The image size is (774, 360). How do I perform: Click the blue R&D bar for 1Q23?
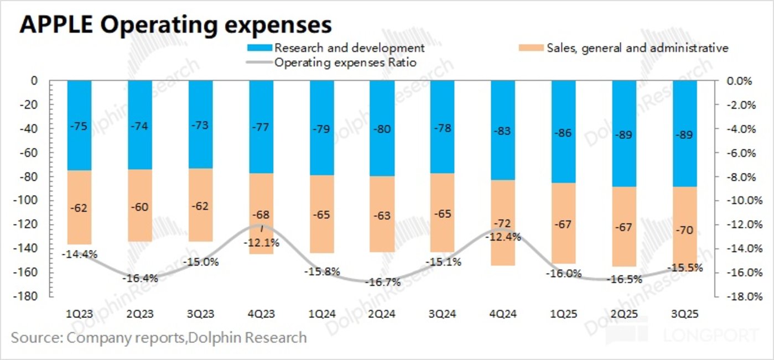79,126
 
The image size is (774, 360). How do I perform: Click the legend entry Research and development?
349,48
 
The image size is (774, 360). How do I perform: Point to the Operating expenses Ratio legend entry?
345,62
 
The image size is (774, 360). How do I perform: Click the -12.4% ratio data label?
502,237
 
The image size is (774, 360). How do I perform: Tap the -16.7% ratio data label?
382,282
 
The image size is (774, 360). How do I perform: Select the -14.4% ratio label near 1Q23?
81,254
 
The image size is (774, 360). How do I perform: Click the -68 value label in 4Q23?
261,214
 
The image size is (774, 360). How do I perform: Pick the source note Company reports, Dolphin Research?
159,337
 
